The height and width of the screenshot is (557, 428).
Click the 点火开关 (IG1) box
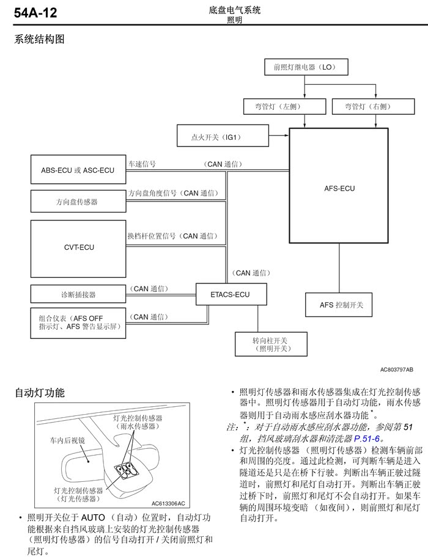pyautogui.click(x=222, y=137)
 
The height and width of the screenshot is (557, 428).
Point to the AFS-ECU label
pyautogui.click(x=339, y=189)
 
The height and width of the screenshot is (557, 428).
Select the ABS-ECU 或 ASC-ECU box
pyautogui.click(x=78, y=170)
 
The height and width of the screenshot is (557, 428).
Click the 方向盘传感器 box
pyautogui.click(x=78, y=201)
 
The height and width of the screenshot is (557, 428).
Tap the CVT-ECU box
pyautogui.click(x=78, y=247)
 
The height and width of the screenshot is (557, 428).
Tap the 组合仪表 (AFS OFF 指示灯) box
pyautogui.click(x=78, y=323)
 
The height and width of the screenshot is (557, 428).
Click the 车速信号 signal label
pyautogui.click(x=142, y=164)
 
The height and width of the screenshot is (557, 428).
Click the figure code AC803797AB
pyautogui.click(x=396, y=370)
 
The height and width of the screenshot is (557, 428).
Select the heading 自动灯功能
pyautogui.click(x=40, y=394)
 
